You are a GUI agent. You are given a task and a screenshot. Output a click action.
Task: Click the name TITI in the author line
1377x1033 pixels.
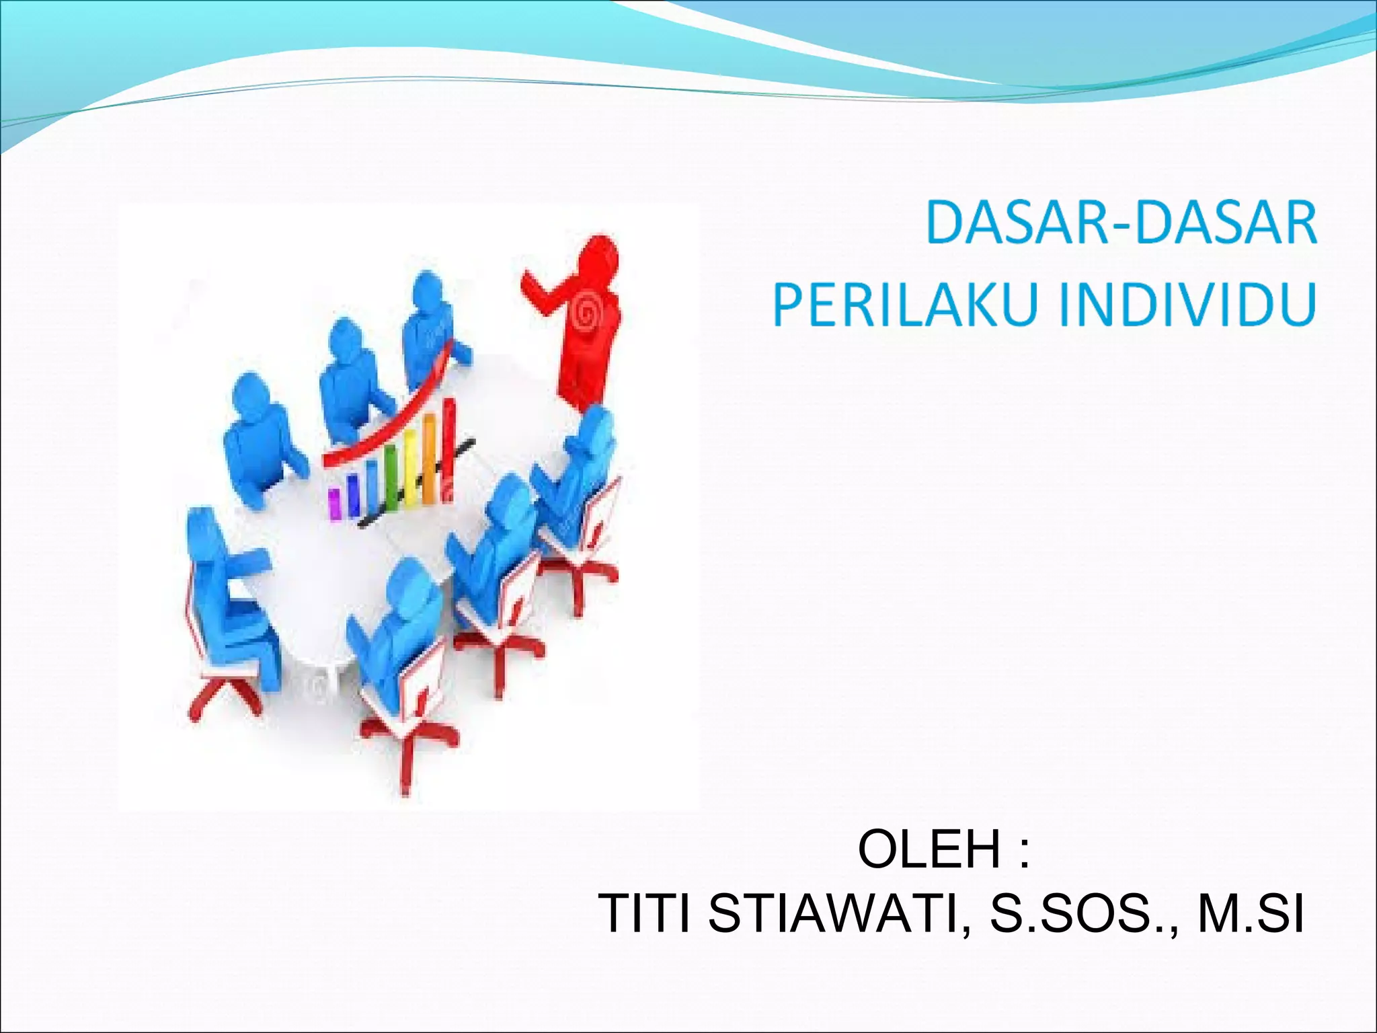[x=645, y=914]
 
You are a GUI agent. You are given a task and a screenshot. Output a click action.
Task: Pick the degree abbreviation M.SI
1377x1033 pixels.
[x=1251, y=914]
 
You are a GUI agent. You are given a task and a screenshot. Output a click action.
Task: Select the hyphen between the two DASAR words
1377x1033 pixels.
[x=1124, y=225]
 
